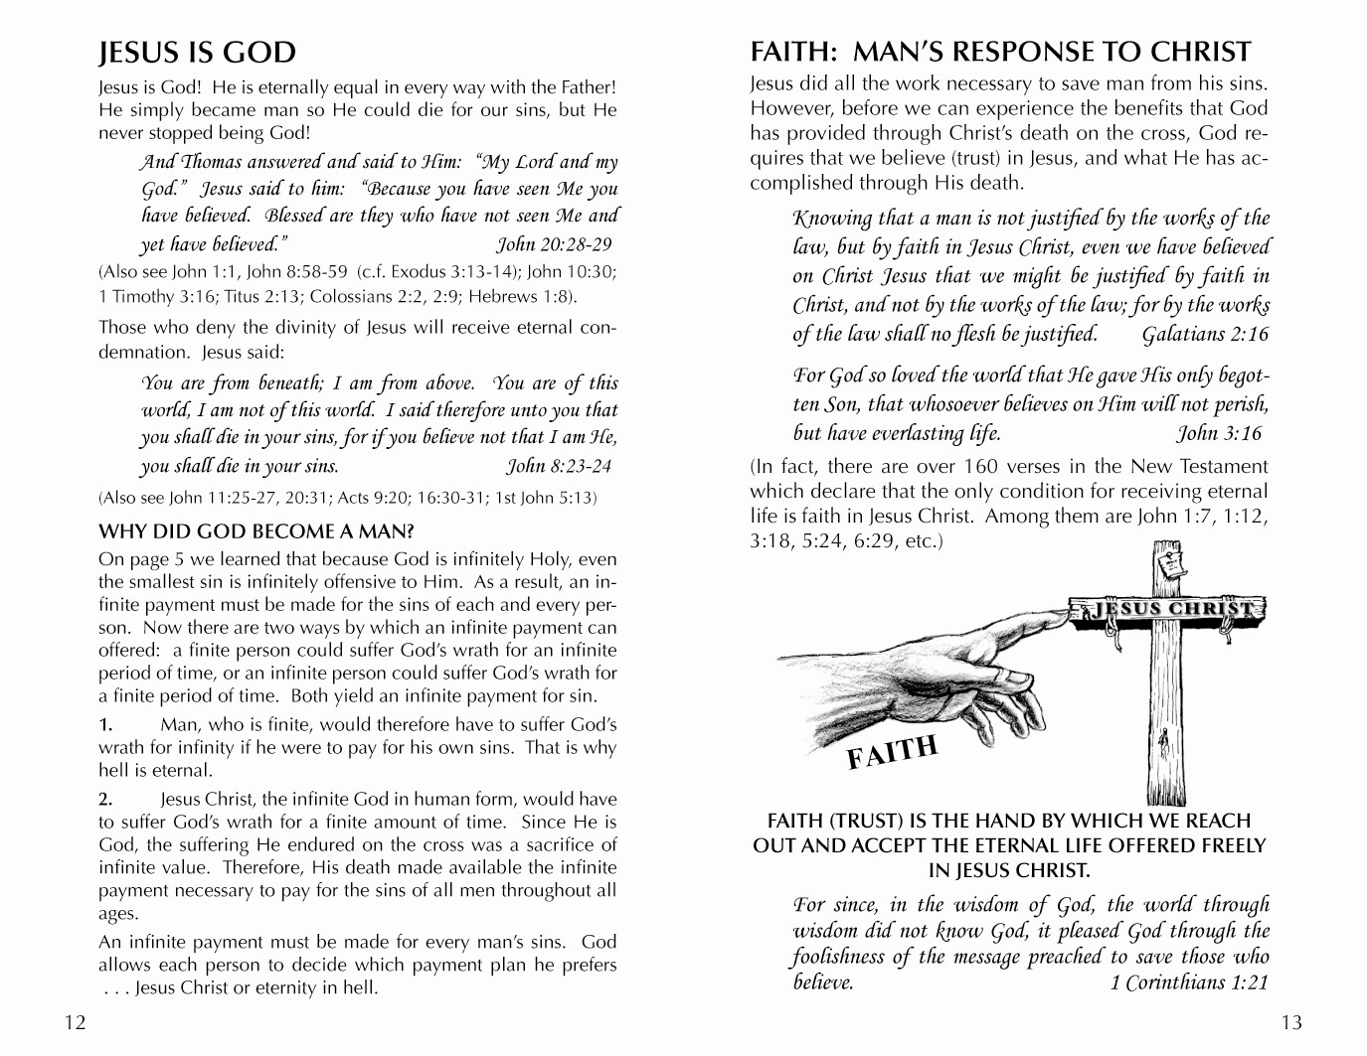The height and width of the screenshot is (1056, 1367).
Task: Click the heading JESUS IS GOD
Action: (x=197, y=53)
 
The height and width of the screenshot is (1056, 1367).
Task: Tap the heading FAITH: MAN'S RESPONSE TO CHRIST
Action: (x=1000, y=52)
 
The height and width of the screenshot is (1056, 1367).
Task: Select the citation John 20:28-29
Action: (x=554, y=244)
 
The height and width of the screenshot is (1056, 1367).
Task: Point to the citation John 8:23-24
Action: (x=560, y=466)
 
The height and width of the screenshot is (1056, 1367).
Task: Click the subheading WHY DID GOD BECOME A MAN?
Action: (x=256, y=531)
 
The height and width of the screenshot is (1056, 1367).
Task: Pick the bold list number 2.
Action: (x=107, y=799)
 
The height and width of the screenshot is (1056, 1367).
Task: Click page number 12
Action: (x=76, y=1022)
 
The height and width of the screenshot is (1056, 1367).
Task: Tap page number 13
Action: (x=1291, y=1022)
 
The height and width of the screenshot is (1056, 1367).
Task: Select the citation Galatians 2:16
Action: (x=1205, y=334)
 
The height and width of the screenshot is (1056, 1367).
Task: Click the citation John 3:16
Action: (x=1219, y=433)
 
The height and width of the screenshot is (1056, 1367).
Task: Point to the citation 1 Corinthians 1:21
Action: (x=1189, y=982)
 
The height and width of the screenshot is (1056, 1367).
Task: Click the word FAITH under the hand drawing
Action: (x=892, y=751)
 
